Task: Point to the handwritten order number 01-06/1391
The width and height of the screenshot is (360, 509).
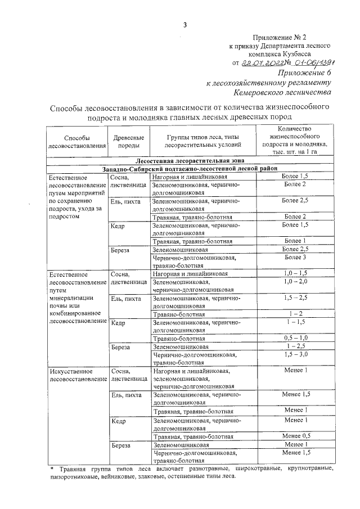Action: coord(308,63)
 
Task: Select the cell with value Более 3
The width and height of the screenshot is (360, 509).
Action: coord(295,257)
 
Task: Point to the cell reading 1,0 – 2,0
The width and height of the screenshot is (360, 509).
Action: coord(295,281)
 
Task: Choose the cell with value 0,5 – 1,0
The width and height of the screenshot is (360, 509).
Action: coord(295,337)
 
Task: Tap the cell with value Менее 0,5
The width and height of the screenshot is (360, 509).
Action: coord(295,435)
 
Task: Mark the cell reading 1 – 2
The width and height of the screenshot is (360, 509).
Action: coord(295,313)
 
